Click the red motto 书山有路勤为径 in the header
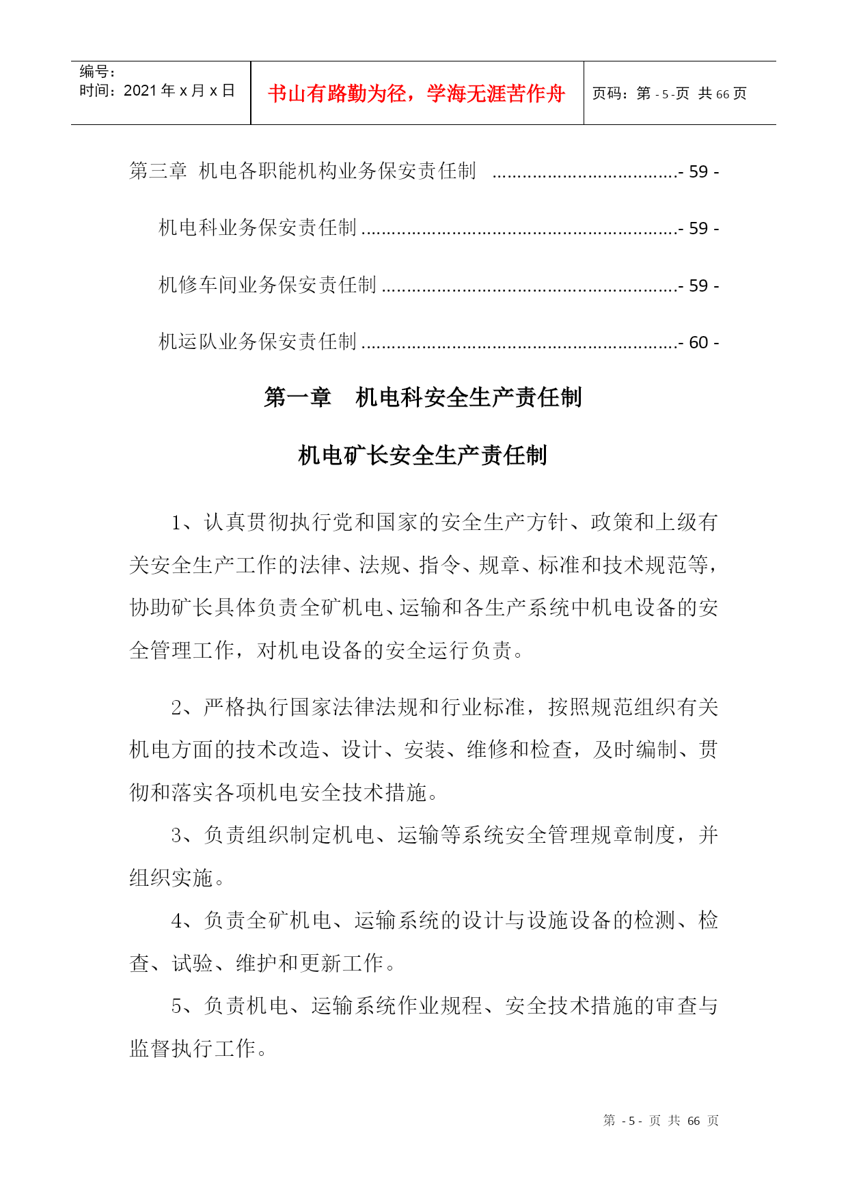416,94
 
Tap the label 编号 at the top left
96,72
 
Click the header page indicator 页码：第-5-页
640,94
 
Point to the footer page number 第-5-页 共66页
661,1121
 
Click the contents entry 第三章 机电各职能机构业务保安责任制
303,171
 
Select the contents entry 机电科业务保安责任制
258,227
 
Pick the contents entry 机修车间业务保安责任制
267,285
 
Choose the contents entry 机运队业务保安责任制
258,342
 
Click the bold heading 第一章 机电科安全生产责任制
423,397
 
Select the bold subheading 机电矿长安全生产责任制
423,455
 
